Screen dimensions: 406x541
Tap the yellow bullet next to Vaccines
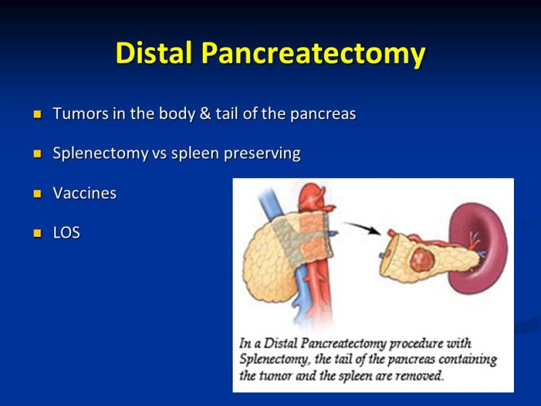tap(38, 194)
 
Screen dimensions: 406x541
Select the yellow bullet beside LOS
tap(38, 233)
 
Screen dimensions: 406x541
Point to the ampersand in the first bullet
tap(206, 114)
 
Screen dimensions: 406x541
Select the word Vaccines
tap(85, 194)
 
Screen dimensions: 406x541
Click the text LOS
tap(66, 233)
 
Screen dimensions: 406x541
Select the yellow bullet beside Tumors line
tap(38, 114)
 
